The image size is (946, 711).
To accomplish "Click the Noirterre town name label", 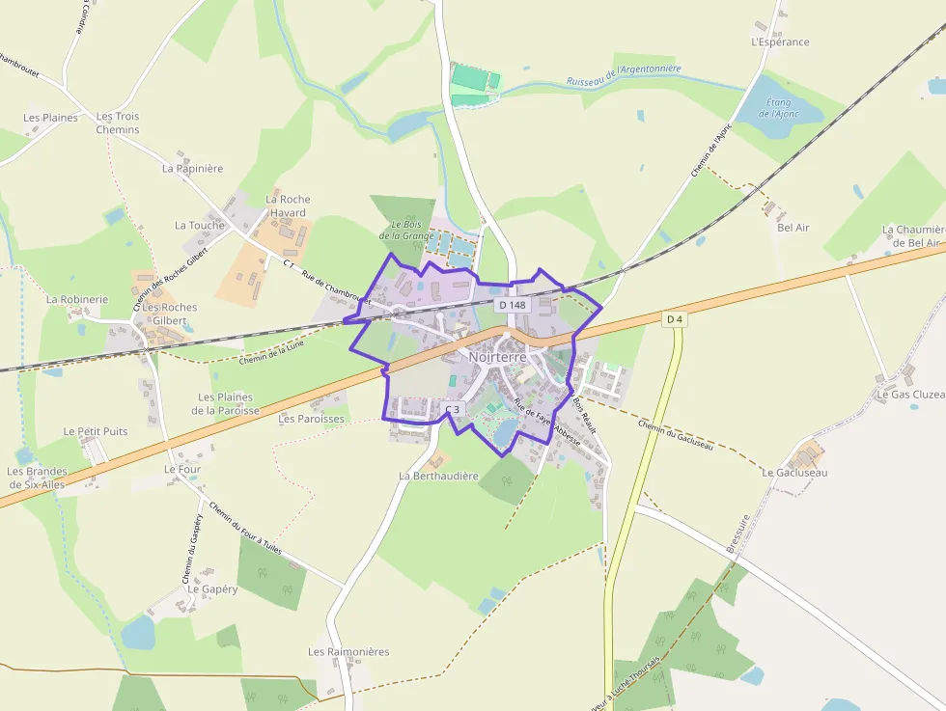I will coord(498,357).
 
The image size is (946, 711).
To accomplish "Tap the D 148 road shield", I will coord(514,305).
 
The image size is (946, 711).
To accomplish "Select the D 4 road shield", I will coord(675,318).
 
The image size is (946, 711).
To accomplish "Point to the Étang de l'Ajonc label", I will coord(778,108).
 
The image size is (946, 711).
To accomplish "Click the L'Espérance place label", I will coord(780,42).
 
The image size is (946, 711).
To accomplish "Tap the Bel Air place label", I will coord(793,228).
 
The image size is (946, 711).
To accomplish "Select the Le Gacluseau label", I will coord(794,473).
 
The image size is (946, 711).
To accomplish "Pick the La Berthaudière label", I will coord(438,476).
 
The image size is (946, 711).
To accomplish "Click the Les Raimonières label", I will coord(348,652).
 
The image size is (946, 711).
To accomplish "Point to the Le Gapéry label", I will coord(212,588).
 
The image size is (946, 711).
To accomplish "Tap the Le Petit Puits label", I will coord(96,431).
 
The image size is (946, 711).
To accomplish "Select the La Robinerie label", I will coord(77,299).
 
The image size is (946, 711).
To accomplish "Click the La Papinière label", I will coord(192,168).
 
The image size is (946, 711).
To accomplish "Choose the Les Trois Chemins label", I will coord(118,123).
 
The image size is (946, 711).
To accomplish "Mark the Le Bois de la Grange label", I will coord(405,230).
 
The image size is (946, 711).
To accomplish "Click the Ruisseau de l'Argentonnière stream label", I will coord(624,75).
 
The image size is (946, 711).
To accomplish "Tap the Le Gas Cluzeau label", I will coord(910,395).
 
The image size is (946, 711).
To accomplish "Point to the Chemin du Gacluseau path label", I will coord(676,433).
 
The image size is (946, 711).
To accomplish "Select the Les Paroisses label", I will coord(311,420).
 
